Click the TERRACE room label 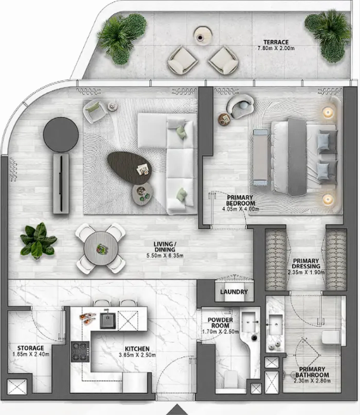tap(276, 42)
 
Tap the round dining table tap(101, 248)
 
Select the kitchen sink tap(108, 320)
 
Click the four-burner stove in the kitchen tap(80, 351)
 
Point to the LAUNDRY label tap(234, 292)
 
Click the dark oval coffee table tap(129, 168)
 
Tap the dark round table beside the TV tap(61, 135)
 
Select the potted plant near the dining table tap(38, 241)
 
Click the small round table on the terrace tap(203, 35)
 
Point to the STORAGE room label tap(31, 348)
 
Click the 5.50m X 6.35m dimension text tap(165, 255)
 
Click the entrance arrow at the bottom tap(177, 410)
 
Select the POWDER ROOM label tap(220, 323)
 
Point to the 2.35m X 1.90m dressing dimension tap(306, 272)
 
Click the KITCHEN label tap(137, 349)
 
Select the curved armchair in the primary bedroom tap(240, 105)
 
